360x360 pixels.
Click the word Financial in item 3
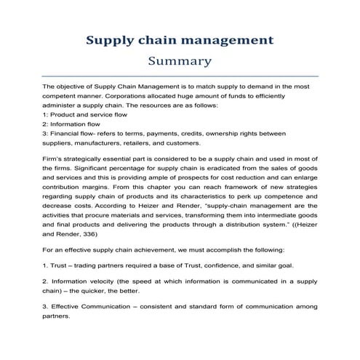tap(66, 133)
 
